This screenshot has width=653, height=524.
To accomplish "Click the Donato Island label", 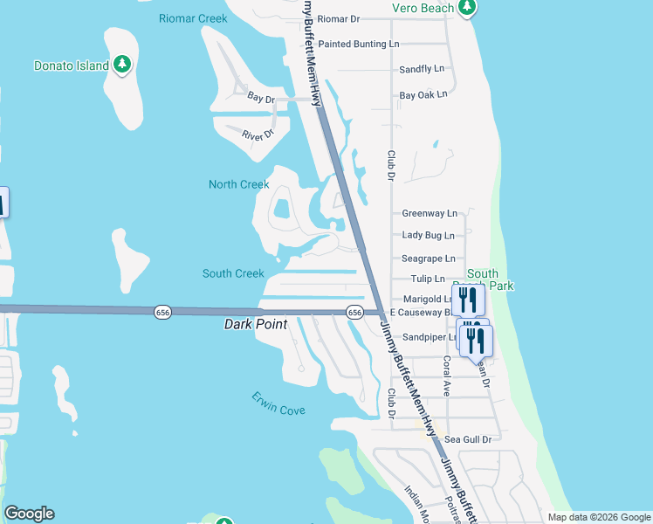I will [x=72, y=65].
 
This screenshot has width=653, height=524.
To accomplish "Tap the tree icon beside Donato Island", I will [x=123, y=64].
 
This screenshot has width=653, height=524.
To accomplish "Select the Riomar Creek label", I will [x=193, y=18].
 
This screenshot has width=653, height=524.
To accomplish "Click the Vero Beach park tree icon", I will [x=467, y=8].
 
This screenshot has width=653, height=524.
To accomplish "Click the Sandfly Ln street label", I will [x=422, y=69].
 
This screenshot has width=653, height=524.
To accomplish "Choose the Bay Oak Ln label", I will [x=423, y=94].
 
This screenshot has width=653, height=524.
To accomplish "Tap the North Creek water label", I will [x=238, y=184].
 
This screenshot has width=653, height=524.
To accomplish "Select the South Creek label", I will [x=233, y=273].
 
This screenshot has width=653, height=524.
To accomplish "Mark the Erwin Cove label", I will [x=278, y=403].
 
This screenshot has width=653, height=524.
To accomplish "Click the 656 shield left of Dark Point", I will [x=162, y=312].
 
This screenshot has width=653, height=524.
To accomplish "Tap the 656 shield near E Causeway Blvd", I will [x=354, y=312].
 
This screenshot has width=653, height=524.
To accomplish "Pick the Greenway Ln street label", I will [x=430, y=213].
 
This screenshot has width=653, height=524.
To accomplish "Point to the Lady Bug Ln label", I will [x=428, y=236].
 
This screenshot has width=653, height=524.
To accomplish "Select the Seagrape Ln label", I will [x=428, y=259].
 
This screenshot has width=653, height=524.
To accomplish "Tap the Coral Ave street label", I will [x=446, y=376].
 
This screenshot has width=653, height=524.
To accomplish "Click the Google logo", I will [x=29, y=514].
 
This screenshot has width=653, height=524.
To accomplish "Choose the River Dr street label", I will [x=258, y=134].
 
